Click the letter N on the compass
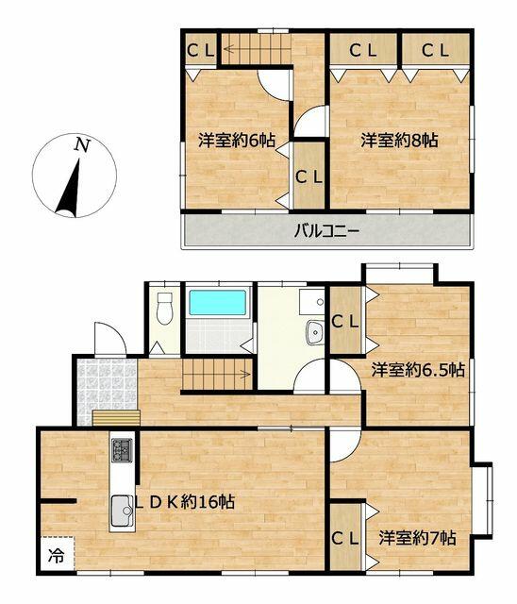[82, 144]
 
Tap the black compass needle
[69, 189]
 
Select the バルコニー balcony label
[326, 231]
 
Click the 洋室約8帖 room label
[399, 141]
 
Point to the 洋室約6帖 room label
[237, 141]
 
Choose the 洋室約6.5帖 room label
[418, 370]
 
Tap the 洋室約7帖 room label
[417, 538]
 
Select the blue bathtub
[218, 302]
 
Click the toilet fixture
[165, 309]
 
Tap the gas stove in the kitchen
[122, 450]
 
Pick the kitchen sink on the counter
[123, 511]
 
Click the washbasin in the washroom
[316, 332]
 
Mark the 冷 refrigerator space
[57, 554]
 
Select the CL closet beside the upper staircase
[201, 50]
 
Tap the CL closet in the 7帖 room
[345, 538]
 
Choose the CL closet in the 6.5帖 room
[345, 321]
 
